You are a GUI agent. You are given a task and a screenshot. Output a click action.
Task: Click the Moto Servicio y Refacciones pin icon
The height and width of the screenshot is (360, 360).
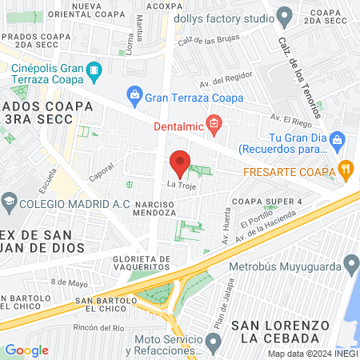213,344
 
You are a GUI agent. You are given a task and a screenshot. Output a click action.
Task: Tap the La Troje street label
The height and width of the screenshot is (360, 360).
180,186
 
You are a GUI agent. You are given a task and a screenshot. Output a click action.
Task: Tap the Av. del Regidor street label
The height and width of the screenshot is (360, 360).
221,82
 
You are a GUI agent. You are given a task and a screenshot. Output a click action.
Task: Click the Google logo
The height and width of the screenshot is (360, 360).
26,350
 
